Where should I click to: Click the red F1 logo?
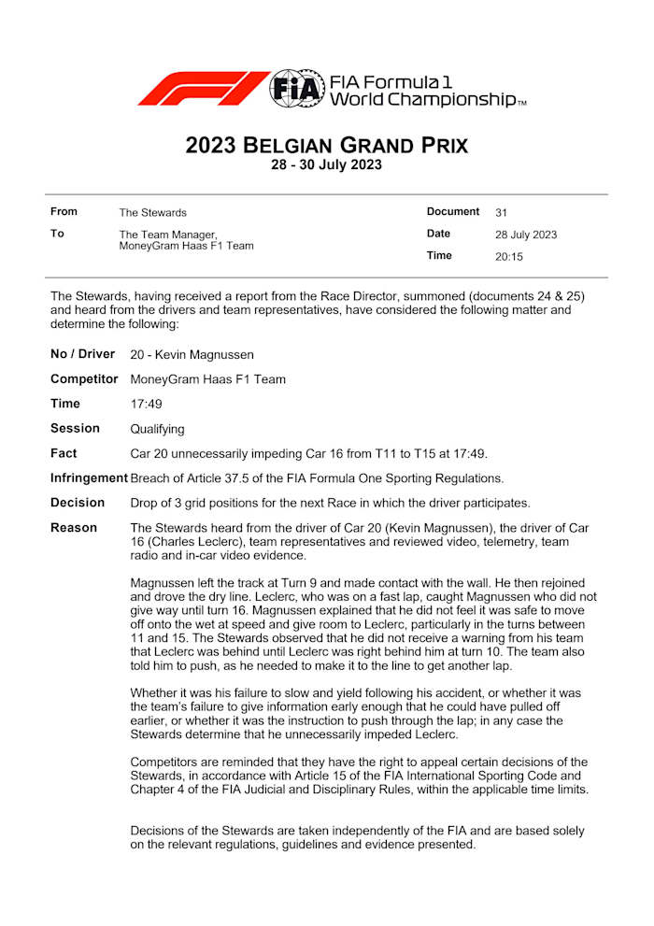pyautogui.click(x=201, y=88)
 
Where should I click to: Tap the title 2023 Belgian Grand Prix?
pyautogui.click(x=326, y=146)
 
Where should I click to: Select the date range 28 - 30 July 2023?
pyautogui.click(x=326, y=165)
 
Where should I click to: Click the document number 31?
pyautogui.click(x=502, y=213)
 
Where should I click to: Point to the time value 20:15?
pyautogui.click(x=509, y=256)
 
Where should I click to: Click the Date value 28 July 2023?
pyautogui.click(x=526, y=235)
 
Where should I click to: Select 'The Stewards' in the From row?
pyautogui.click(x=152, y=213)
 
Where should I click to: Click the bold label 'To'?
pyautogui.click(x=57, y=234)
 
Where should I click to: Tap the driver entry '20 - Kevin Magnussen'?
pyautogui.click(x=192, y=355)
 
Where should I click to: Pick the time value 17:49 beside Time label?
pyautogui.click(x=147, y=405)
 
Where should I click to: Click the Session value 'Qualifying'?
pyautogui.click(x=157, y=429)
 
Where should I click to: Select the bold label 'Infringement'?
pyautogui.click(x=89, y=478)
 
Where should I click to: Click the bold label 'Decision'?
pyautogui.click(x=78, y=503)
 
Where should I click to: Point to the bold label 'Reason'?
pyautogui.click(x=74, y=528)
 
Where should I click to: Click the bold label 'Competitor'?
pyautogui.click(x=84, y=379)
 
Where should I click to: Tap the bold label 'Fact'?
pyautogui.click(x=64, y=453)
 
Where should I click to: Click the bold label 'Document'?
pyautogui.click(x=453, y=212)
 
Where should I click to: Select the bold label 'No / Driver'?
pyautogui.click(x=82, y=354)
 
